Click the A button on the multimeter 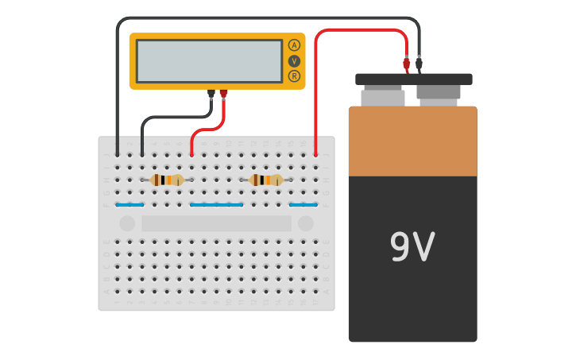294,45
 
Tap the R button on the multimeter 294,76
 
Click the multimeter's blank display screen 209,61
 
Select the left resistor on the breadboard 167,180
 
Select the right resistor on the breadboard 266,180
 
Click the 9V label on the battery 412,247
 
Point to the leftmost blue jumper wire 130,205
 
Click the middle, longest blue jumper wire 216,205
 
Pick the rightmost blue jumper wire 303,205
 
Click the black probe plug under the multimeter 211,94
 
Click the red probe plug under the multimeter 223,94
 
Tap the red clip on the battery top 407,63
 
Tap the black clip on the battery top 419,63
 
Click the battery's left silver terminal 383,98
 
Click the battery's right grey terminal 438,94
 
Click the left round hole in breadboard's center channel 127,224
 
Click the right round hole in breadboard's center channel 306,224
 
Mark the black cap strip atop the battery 413,79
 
